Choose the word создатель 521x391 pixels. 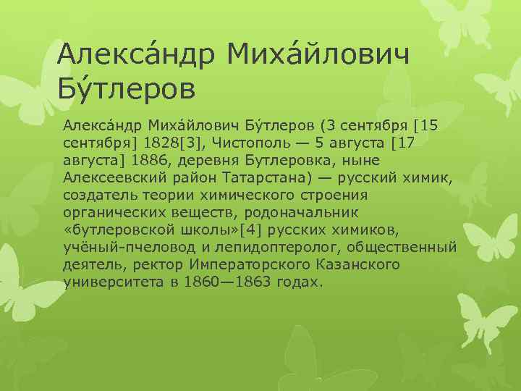[x=98, y=195]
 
